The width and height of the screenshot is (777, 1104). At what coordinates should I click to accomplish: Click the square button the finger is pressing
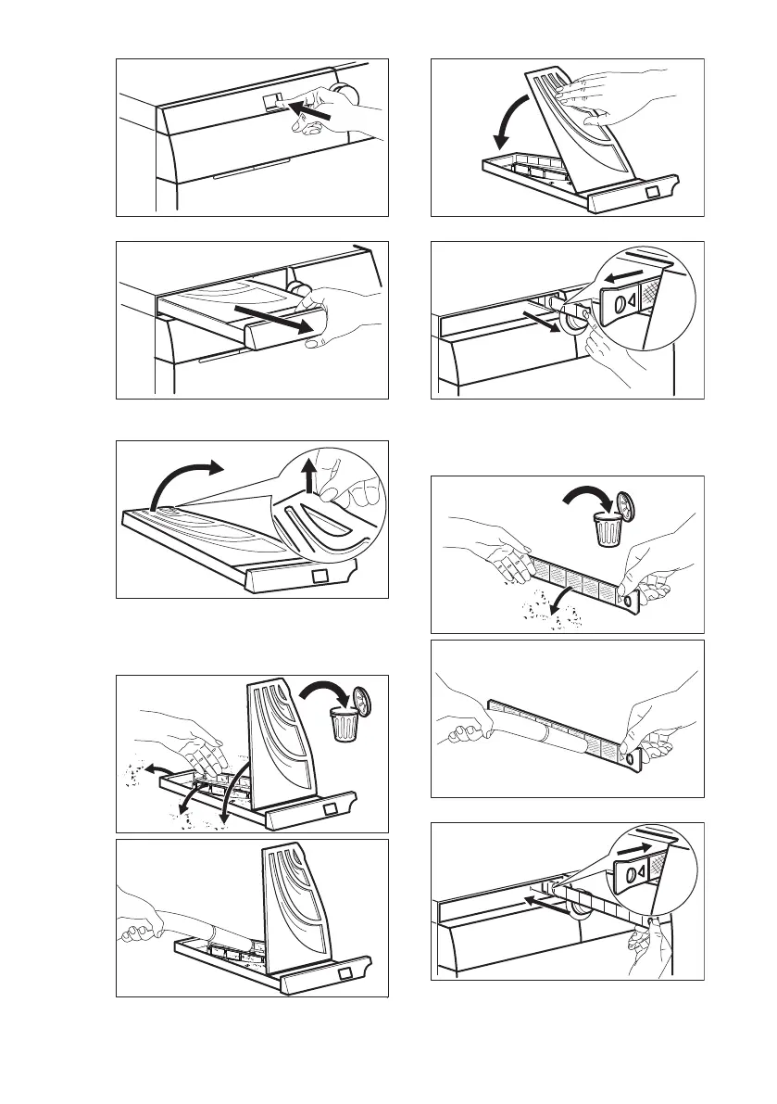(271, 101)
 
